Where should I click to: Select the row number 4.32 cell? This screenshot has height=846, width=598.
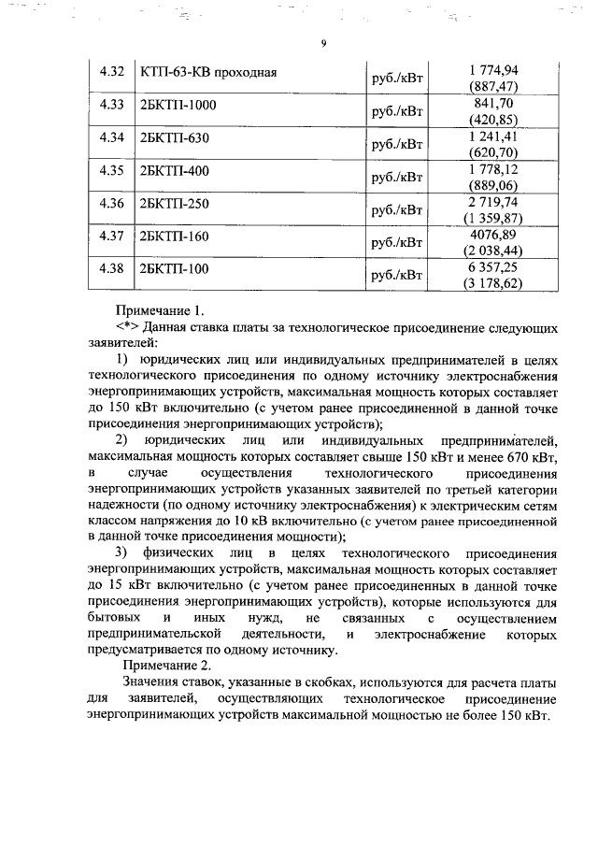tap(111, 72)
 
